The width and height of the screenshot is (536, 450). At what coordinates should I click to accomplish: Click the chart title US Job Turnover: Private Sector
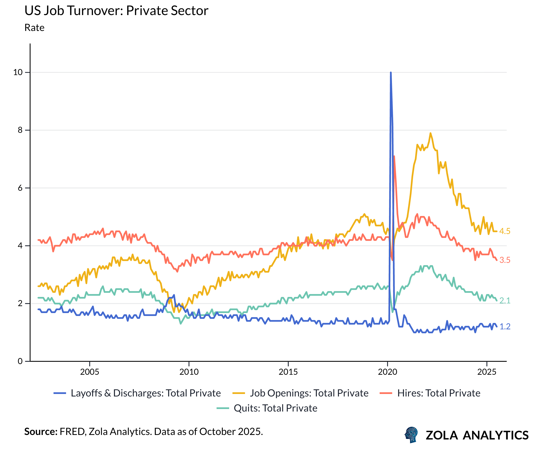pyautogui.click(x=116, y=11)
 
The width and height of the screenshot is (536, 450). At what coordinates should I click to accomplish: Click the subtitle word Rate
pyautogui.click(x=34, y=28)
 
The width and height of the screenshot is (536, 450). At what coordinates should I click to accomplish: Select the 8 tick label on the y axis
pyautogui.click(x=20, y=130)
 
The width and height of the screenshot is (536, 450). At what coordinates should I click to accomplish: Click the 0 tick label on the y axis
pyautogui.click(x=20, y=361)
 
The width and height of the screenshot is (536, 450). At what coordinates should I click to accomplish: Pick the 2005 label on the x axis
pyautogui.click(x=90, y=372)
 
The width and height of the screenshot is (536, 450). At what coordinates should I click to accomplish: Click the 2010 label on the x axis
pyautogui.click(x=189, y=372)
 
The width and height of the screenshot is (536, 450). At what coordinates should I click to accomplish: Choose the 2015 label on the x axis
pyautogui.click(x=288, y=372)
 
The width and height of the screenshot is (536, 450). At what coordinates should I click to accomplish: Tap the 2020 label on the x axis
pyautogui.click(x=387, y=372)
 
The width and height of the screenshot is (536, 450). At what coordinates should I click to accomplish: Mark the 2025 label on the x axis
pyautogui.click(x=487, y=372)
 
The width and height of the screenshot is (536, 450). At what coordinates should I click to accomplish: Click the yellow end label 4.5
pyautogui.click(x=505, y=231)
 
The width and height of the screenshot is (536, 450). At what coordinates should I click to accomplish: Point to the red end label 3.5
pyautogui.click(x=505, y=260)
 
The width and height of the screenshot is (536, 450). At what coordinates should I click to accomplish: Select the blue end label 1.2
pyautogui.click(x=505, y=326)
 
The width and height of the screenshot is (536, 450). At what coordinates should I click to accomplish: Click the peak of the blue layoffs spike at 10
pyautogui.click(x=391, y=73)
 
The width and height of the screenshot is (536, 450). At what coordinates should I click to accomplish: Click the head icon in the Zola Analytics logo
pyautogui.click(x=411, y=435)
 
